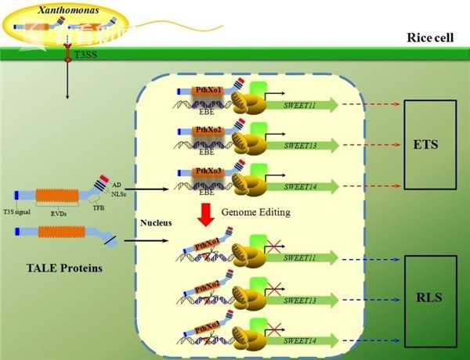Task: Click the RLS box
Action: click(430, 297)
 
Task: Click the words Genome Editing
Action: click(255, 212)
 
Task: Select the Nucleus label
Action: click(155, 222)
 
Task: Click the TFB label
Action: click(98, 207)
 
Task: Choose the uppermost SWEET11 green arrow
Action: click(305, 106)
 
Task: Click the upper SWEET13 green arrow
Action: click(305, 145)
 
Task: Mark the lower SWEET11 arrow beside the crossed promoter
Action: click(305, 258)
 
